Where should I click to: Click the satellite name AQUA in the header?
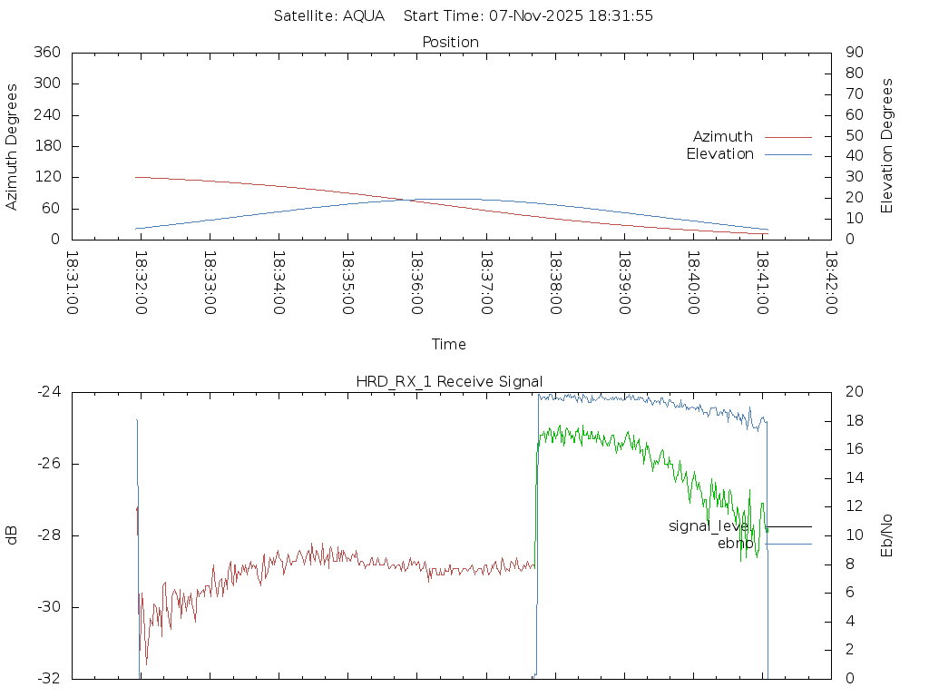pyautogui.click(x=363, y=15)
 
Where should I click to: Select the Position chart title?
pyautogui.click(x=450, y=42)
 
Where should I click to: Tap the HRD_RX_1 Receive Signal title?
pyautogui.click(x=449, y=381)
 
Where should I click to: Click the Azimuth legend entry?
pyautogui.click(x=723, y=136)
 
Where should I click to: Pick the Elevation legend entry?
pyautogui.click(x=719, y=154)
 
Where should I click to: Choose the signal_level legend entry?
pyautogui.click(x=709, y=525)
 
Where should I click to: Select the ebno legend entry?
pyautogui.click(x=736, y=543)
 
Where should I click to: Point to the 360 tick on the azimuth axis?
pyautogui.click(x=46, y=53)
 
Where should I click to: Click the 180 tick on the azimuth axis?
pyautogui.click(x=46, y=146)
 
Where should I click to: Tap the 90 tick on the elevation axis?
pyautogui.click(x=853, y=53)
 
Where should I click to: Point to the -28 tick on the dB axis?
pyautogui.click(x=47, y=535)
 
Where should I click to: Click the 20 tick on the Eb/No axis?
pyautogui.click(x=853, y=392)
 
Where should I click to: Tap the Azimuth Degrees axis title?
pyautogui.click(x=12, y=146)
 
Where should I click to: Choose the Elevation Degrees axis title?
pyautogui.click(x=887, y=146)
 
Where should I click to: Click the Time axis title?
pyautogui.click(x=449, y=345)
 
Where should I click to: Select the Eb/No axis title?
pyautogui.click(x=887, y=535)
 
